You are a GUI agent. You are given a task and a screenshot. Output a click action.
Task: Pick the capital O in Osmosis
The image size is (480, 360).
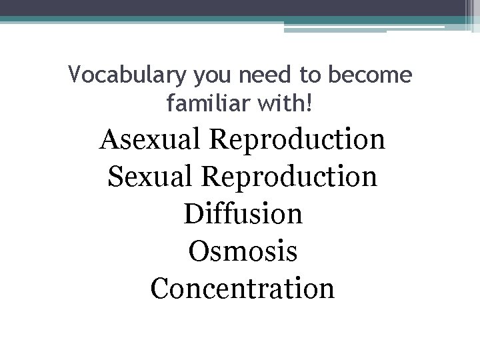[199, 252]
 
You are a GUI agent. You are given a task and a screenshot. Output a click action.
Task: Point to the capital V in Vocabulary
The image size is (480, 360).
[75, 76]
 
